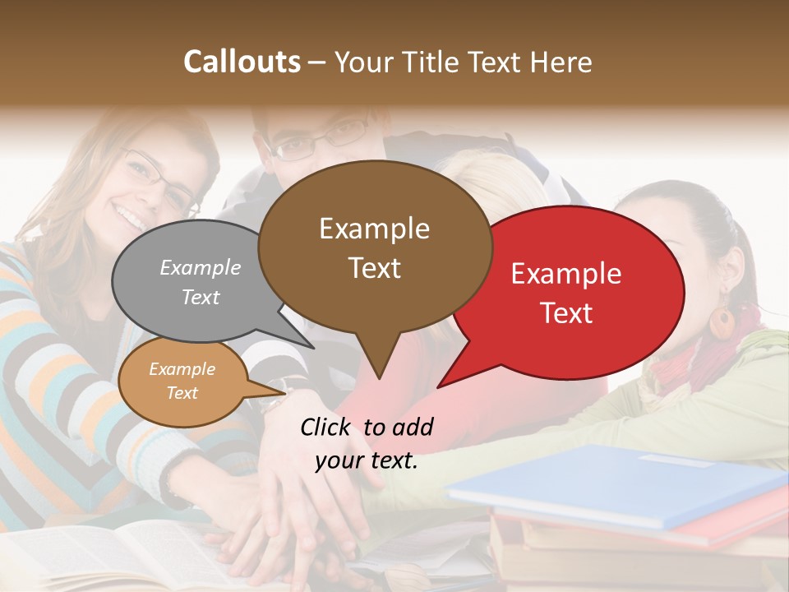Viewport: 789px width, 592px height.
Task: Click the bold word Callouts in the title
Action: [x=242, y=62]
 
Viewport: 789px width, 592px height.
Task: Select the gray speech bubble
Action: [x=197, y=280]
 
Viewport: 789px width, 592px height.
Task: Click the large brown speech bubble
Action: [x=374, y=247]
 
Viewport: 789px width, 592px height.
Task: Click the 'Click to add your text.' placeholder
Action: [x=367, y=444]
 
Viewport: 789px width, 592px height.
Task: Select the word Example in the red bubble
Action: [x=566, y=274]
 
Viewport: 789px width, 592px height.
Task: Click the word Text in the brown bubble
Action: [x=374, y=268]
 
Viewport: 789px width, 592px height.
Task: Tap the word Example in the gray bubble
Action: [x=201, y=267]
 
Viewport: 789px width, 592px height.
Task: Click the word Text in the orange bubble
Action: [x=182, y=393]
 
